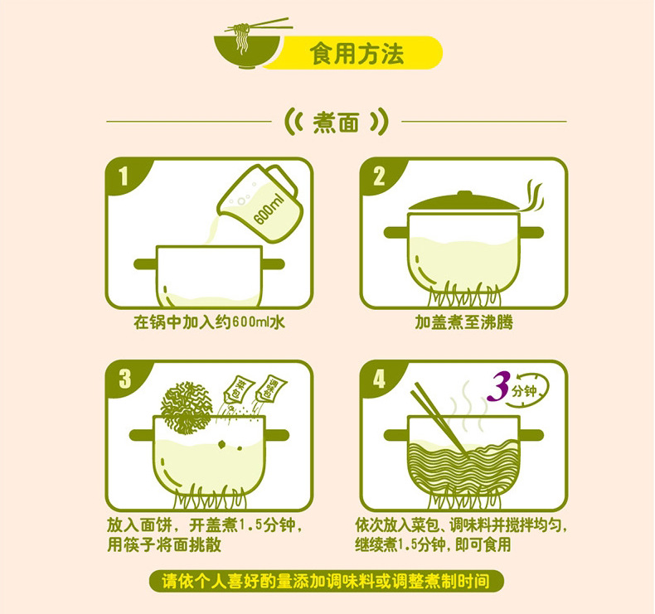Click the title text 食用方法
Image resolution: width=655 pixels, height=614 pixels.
click(x=357, y=53)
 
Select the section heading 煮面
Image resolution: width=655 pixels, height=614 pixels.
click(x=336, y=123)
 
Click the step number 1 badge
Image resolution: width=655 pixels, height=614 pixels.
click(x=123, y=176)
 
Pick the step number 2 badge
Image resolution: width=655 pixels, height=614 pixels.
click(x=379, y=176)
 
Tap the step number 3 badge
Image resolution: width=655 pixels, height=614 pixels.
click(x=124, y=379)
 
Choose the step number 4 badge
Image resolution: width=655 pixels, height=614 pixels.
click(x=379, y=379)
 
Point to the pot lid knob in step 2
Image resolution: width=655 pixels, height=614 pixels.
click(x=464, y=195)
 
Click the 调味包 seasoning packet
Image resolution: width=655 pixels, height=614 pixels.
click(x=269, y=388)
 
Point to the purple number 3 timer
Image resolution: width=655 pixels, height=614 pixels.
click(x=499, y=386)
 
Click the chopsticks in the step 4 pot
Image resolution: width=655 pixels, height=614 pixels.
click(x=439, y=419)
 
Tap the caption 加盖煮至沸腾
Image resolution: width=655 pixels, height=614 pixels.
click(x=463, y=322)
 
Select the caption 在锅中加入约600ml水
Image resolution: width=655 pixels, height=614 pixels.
click(x=209, y=322)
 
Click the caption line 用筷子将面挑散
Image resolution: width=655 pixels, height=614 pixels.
click(x=164, y=544)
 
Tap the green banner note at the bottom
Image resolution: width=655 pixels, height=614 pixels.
click(x=326, y=581)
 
